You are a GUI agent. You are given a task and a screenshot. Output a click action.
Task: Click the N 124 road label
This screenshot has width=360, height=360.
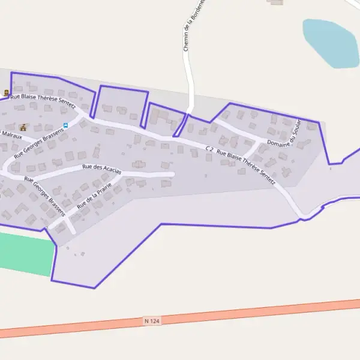[152, 321]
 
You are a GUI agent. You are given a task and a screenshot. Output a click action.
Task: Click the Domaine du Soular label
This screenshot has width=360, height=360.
[283, 142]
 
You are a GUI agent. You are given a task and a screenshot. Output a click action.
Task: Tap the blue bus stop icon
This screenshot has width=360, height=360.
[66, 125]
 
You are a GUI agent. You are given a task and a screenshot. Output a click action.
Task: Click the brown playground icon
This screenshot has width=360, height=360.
[23, 127]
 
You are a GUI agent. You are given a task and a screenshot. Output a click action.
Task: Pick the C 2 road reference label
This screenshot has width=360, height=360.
[209, 148]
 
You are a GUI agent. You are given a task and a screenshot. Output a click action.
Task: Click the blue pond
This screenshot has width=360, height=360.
[330, 43]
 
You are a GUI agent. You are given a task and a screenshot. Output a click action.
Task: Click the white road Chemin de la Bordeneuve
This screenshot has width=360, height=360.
[191, 78]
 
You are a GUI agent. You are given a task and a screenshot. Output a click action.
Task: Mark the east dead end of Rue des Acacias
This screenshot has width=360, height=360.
[173, 174]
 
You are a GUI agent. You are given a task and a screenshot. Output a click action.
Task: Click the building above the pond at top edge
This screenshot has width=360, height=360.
[276, 2]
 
